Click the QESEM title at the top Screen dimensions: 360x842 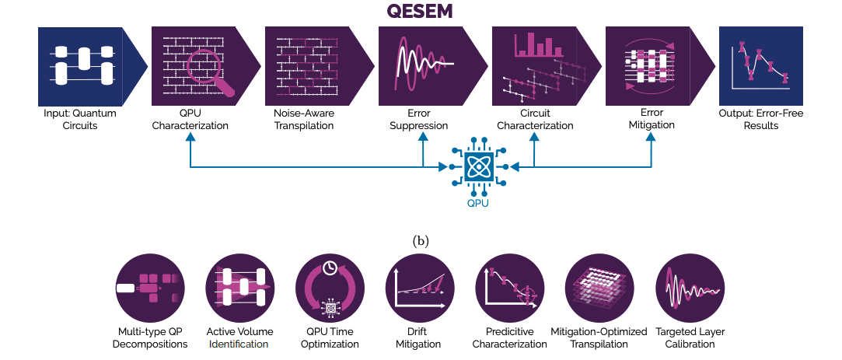[420, 12]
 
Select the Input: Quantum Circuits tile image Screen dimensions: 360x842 [80, 66]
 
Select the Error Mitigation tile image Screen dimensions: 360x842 [648, 66]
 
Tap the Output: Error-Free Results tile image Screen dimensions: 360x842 [760, 66]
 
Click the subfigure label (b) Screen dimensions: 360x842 [421, 240]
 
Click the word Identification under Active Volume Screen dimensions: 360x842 [238, 344]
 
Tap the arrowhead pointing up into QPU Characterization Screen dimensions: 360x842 [190, 137]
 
